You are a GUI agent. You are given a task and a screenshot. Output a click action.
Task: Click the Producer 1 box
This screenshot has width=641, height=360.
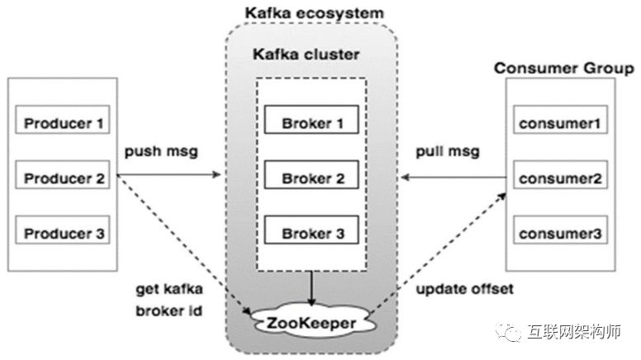click(63, 124)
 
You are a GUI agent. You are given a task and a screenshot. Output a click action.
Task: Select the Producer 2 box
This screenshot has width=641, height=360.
click(63, 178)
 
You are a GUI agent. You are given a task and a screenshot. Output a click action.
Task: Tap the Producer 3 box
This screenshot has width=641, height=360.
click(63, 233)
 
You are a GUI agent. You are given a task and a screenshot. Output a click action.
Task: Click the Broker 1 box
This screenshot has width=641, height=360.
click(311, 123)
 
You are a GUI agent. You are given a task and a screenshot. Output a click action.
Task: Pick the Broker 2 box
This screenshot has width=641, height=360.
click(311, 178)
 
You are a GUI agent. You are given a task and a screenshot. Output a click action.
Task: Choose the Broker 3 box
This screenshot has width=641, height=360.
click(311, 233)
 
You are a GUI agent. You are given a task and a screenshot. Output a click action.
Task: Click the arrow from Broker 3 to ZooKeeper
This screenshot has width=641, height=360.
click(311, 288)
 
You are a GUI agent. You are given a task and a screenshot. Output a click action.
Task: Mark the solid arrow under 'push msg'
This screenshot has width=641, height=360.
click(169, 175)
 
